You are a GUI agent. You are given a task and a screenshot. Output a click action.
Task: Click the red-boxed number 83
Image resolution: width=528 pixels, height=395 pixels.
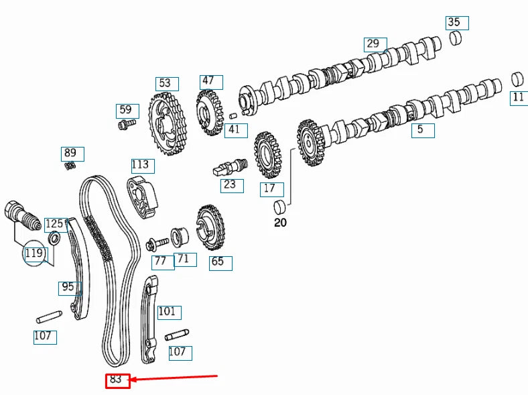point(117,380)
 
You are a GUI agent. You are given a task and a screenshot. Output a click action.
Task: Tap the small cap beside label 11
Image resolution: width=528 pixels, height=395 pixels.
point(517,78)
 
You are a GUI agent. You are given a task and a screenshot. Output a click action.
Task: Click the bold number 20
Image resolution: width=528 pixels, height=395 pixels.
point(280,223)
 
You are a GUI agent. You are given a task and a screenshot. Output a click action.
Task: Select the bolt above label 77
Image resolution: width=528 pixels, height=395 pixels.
point(157,242)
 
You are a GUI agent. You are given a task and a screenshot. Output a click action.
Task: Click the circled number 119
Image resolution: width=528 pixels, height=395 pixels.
point(34,253)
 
